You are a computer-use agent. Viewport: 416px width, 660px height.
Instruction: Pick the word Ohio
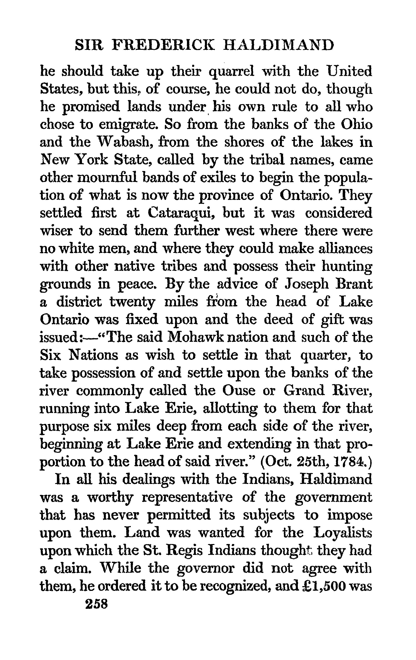pos(357,125)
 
